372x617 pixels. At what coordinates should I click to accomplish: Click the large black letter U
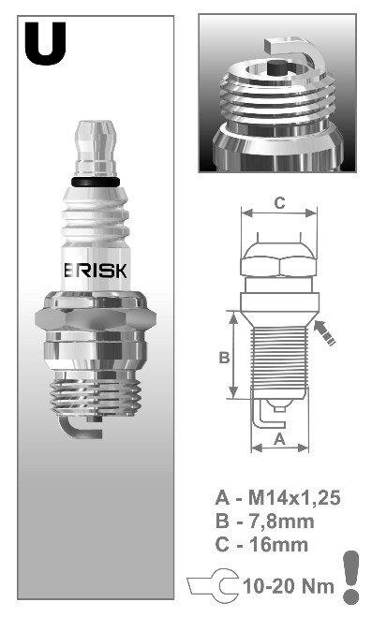click(x=45, y=43)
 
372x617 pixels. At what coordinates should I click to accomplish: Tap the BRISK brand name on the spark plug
click(x=96, y=271)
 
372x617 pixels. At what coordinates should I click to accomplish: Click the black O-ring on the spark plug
click(x=96, y=182)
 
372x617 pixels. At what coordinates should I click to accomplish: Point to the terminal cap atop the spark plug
click(x=96, y=148)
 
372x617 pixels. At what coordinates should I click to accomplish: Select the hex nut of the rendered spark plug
click(x=96, y=319)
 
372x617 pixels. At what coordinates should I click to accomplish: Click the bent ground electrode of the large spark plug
click(x=77, y=428)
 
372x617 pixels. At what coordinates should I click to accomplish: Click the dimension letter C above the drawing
click(x=279, y=203)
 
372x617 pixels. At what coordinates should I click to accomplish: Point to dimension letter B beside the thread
click(x=224, y=358)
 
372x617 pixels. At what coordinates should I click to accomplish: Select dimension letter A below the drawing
click(x=279, y=438)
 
